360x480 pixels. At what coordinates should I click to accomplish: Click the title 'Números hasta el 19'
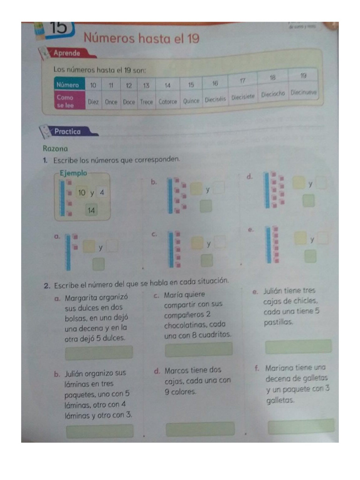pos(141,38)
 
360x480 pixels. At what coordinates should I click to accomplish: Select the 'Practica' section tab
pos(68,132)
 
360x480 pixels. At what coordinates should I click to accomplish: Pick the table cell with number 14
pos(167,86)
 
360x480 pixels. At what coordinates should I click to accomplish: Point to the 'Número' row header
pos(67,85)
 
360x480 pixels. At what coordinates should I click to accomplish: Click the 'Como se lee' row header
pos(65,101)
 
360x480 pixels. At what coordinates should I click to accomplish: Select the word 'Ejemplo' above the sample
pos(74,173)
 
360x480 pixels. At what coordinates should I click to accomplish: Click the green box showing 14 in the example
pos(91,211)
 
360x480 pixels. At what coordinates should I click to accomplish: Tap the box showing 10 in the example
pos(82,192)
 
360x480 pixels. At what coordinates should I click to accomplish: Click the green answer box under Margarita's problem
pos(99,352)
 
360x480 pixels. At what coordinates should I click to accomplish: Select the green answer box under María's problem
pos(198,349)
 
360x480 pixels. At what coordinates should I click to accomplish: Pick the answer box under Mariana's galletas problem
pos(301,426)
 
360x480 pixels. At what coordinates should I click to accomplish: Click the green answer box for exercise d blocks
pos(308,201)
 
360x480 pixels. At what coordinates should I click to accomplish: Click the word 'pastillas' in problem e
pos(279,322)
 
